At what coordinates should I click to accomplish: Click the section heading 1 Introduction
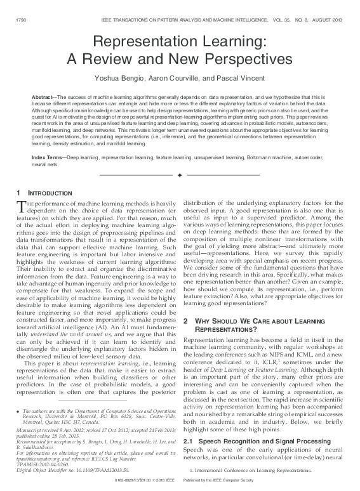coord(43,192)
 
